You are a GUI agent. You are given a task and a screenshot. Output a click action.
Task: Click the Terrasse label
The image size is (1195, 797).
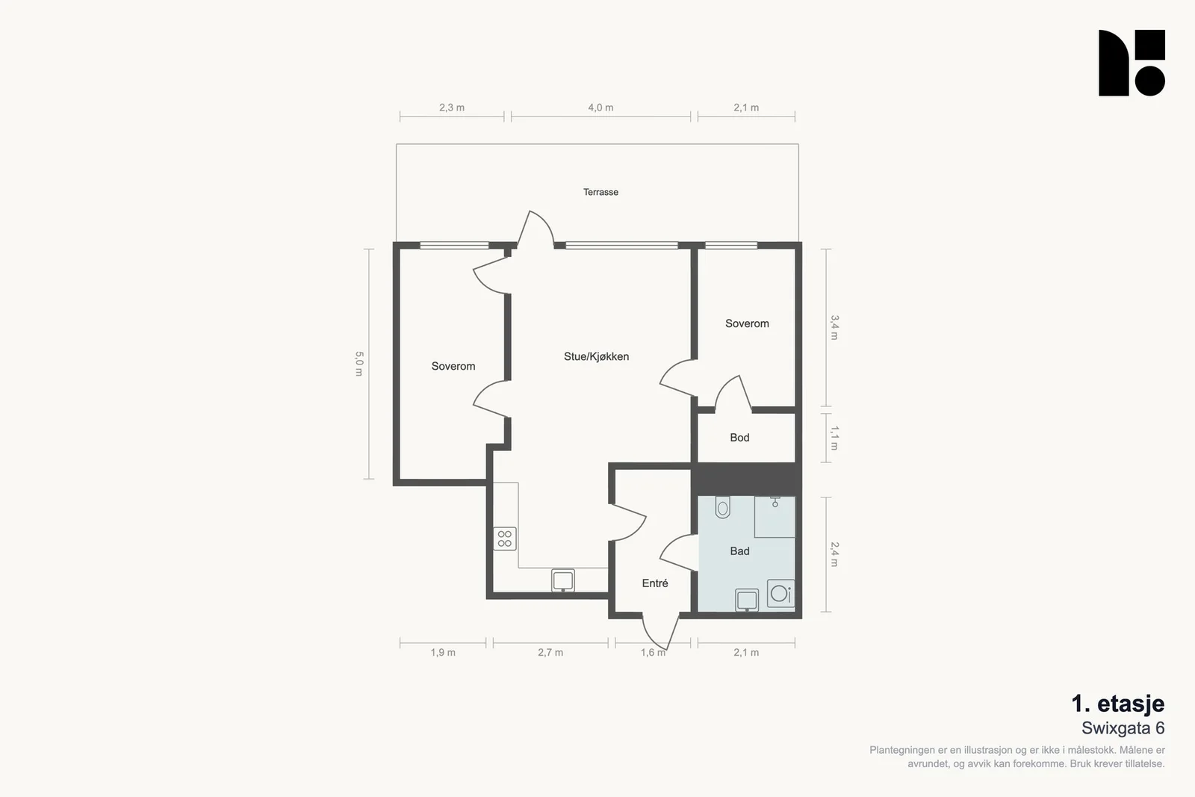(x=600, y=192)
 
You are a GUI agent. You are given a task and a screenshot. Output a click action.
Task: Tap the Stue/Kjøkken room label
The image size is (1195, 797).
(x=597, y=356)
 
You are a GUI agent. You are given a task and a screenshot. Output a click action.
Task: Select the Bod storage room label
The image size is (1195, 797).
(x=739, y=438)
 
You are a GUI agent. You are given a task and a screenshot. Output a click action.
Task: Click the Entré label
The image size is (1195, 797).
(x=654, y=583)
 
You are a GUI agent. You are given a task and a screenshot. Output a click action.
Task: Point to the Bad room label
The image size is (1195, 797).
(x=739, y=551)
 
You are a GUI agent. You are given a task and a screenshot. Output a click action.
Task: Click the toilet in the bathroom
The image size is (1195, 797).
(x=722, y=506)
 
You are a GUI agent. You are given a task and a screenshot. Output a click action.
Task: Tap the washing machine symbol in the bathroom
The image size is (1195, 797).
(x=780, y=593)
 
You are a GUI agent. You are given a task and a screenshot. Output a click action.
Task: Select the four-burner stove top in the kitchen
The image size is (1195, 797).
(x=504, y=539)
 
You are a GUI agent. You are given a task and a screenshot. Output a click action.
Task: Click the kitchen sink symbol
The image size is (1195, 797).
(x=563, y=580)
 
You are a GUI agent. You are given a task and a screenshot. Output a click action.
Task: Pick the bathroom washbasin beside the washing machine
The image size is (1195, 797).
(x=747, y=600)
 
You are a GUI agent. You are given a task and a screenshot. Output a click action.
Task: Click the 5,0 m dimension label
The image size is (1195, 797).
(x=359, y=364)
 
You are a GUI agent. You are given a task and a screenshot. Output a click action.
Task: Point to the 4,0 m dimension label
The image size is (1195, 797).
(x=600, y=108)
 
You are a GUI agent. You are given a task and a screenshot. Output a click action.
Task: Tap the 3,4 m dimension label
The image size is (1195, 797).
(x=834, y=328)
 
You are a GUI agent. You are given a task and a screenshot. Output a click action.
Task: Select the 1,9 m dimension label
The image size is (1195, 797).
(x=443, y=652)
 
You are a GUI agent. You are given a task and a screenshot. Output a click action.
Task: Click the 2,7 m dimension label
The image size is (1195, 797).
(x=550, y=652)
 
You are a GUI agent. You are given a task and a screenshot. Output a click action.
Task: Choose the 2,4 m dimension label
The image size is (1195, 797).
(x=834, y=554)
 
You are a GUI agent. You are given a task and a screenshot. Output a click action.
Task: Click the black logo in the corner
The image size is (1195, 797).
(x=1132, y=63)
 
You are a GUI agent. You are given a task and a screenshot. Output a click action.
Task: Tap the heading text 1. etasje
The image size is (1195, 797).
(x=1117, y=704)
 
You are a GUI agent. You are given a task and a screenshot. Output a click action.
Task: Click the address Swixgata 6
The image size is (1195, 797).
(x=1123, y=728)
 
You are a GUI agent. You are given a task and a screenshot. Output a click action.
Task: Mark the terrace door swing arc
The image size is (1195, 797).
(x=545, y=221)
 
